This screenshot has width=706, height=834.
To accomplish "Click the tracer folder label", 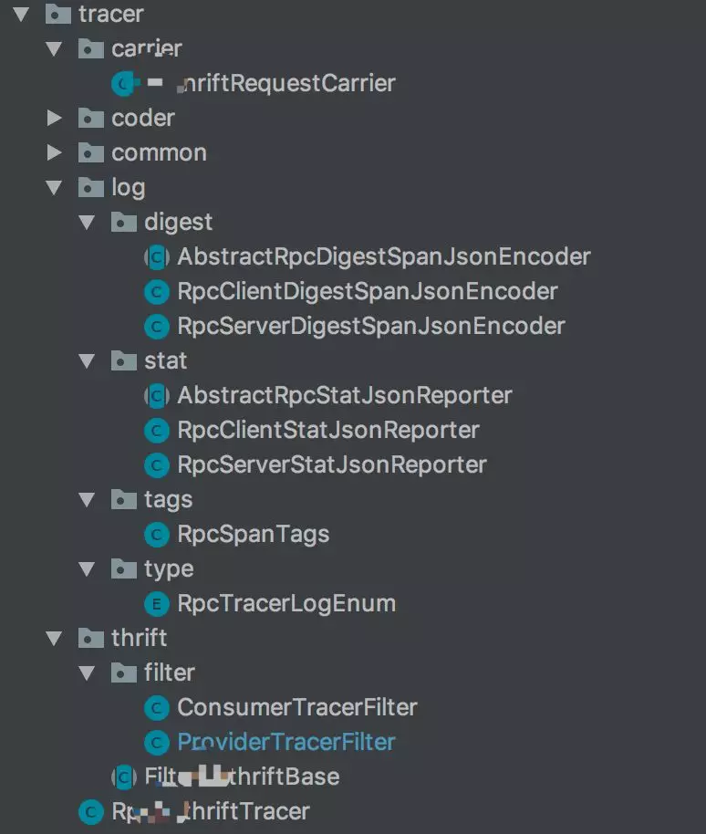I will click(111, 14).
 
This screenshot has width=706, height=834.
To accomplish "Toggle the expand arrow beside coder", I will click(55, 118).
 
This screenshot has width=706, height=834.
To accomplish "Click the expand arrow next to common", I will click(55, 152).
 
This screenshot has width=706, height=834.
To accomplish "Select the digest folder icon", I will click(123, 222).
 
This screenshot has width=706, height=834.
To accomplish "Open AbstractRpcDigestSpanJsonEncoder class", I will click(383, 256).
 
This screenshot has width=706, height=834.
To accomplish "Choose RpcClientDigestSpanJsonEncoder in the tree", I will click(367, 291).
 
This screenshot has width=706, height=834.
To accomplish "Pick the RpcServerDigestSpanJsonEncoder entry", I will click(370, 326).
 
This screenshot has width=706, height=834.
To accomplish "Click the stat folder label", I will click(165, 360).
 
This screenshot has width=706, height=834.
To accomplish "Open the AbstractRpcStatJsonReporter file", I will click(344, 395).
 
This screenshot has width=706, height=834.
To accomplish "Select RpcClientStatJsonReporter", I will click(327, 430).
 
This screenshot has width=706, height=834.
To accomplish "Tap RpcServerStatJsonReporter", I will click(331, 464).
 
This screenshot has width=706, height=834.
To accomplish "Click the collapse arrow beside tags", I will click(88, 499).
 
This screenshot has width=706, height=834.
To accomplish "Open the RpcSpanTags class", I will click(253, 534).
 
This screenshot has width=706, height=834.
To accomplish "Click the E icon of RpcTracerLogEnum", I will click(157, 603).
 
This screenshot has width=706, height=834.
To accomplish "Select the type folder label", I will click(169, 568).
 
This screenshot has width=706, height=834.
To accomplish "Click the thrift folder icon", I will click(90, 638).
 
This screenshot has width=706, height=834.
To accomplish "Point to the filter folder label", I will click(169, 672).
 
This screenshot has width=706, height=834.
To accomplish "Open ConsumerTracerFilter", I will click(296, 707).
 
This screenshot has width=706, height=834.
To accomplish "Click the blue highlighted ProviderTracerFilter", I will click(286, 742).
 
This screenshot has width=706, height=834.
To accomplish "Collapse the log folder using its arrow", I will click(55, 187).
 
